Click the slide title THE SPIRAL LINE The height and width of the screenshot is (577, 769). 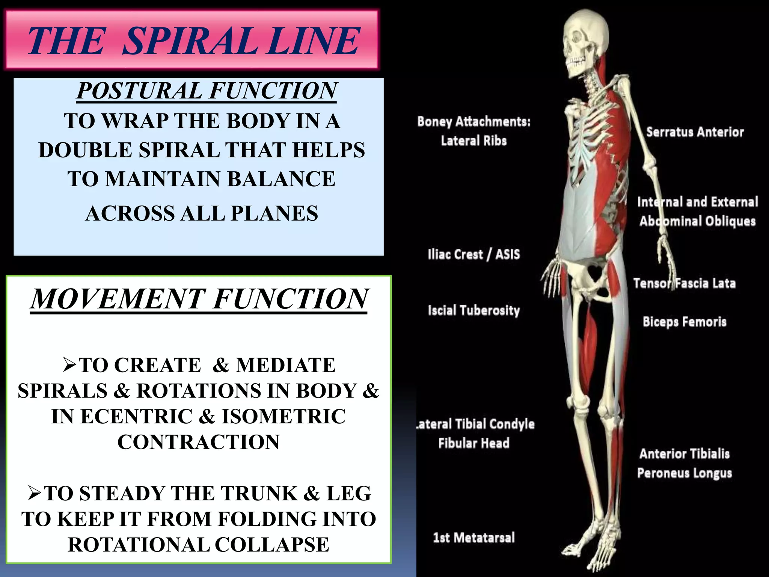click(x=193, y=41)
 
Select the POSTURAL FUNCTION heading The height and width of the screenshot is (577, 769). click(x=207, y=91)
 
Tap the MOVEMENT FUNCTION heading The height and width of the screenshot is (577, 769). click(x=199, y=299)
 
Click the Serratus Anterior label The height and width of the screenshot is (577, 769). click(x=695, y=132)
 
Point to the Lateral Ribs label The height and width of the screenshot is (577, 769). click(x=474, y=141)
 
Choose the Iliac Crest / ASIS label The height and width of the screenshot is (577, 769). click(x=474, y=255)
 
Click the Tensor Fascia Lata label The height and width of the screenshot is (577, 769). click(x=684, y=283)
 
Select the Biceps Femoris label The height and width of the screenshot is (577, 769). click(x=685, y=322)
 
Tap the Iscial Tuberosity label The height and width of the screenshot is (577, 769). click(x=474, y=311)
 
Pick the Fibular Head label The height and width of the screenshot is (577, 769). click(x=474, y=443)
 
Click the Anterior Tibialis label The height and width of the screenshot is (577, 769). click(x=685, y=454)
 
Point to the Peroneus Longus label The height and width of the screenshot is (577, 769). click(x=685, y=473)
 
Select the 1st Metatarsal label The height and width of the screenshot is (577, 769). click(x=474, y=538)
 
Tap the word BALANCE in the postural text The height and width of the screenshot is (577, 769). click(x=281, y=179)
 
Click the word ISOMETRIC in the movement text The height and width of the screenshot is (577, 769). click(x=284, y=417)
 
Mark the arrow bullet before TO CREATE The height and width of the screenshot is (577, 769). click(x=69, y=365)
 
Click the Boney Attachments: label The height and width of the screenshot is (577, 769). click(x=474, y=122)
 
